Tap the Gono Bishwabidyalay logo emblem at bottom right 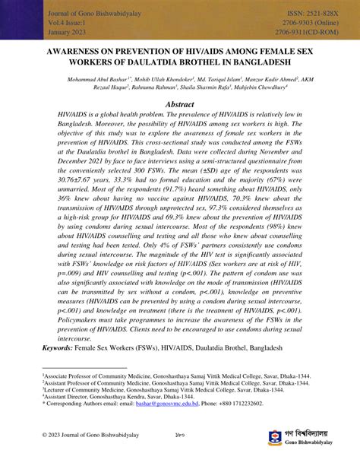coord(276,439)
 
